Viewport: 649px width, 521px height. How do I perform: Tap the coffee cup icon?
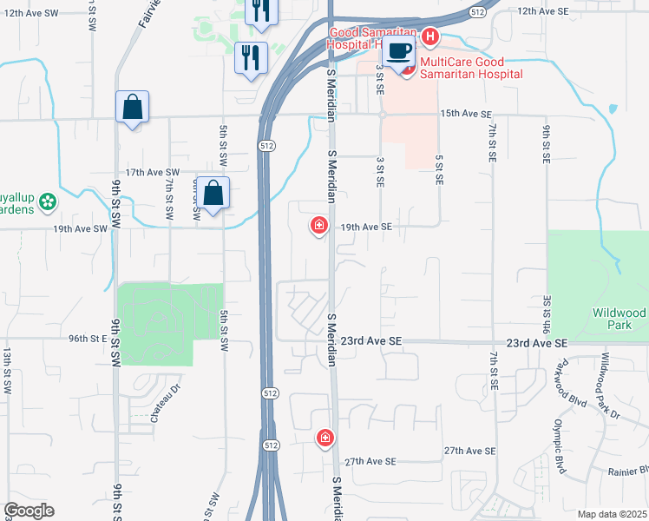pos(399,52)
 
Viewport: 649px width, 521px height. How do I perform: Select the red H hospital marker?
pos(429,37)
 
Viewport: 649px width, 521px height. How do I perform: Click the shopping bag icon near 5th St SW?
pos(213,193)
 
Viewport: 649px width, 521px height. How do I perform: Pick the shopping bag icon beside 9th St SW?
pos(132,107)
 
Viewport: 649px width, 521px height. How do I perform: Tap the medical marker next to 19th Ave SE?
pos(319,227)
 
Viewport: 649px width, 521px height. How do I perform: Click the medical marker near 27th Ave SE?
pos(325,438)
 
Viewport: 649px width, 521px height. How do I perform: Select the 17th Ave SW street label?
pos(152,173)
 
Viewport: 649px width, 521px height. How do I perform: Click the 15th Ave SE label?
pos(466,115)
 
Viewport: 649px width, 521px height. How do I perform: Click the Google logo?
pos(29,511)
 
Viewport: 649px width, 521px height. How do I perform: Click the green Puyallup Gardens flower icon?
pos(47,202)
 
